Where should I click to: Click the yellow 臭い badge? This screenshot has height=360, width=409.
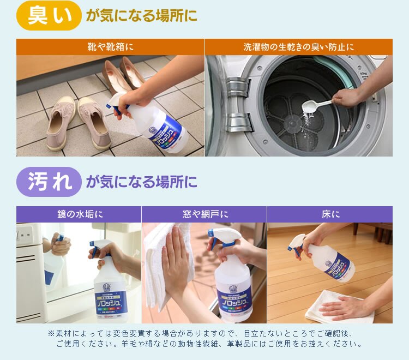pos(49,15)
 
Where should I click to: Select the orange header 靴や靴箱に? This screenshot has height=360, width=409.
pos(111,47)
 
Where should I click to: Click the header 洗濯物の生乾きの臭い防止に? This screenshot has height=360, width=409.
pos(298,47)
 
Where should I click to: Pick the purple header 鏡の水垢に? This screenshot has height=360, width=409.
pos(79,214)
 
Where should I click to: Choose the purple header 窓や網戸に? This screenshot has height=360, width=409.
pos(204,214)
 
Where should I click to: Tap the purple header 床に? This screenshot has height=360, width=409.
pos(329,214)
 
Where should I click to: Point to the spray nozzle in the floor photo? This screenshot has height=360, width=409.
pos(298,243)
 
